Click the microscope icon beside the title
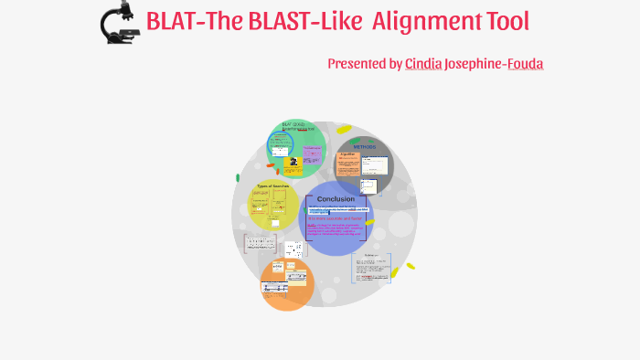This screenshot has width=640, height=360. [117, 24]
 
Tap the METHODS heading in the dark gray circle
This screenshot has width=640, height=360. [365, 146]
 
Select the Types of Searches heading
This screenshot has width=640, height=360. [273, 185]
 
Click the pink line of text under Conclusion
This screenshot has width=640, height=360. [334, 218]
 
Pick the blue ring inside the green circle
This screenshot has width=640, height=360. [280, 144]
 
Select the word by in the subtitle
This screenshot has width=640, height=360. [395, 63]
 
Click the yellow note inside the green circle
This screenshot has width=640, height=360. [293, 164]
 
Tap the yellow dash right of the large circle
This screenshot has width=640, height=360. [410, 267]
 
